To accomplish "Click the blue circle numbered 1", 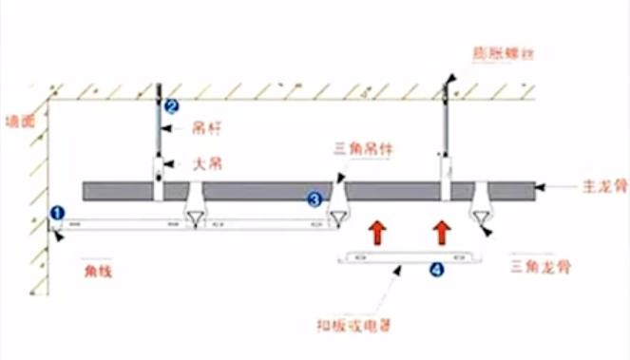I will pyautogui.click(x=57, y=214).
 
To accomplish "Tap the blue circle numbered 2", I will pyautogui.click(x=171, y=106).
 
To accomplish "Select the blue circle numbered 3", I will pyautogui.click(x=315, y=199).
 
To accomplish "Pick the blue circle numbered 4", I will pyautogui.click(x=436, y=270).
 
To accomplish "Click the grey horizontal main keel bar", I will pyautogui.click(x=266, y=190).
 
